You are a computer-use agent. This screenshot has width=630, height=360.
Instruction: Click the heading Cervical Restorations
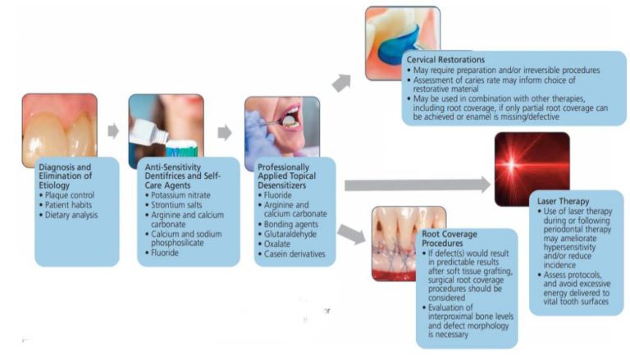point(450,61)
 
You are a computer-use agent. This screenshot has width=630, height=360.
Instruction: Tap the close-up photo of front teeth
point(60,128)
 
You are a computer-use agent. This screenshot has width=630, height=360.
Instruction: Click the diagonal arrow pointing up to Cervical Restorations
point(344,80)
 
